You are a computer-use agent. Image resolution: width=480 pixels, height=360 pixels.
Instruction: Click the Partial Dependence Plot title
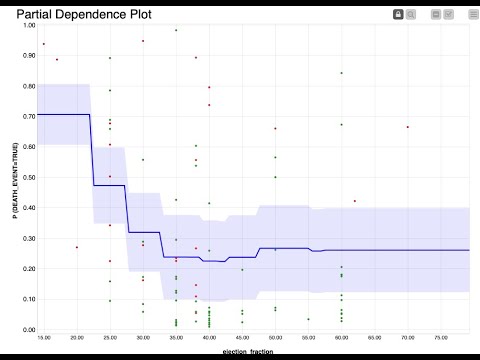click(75, 14)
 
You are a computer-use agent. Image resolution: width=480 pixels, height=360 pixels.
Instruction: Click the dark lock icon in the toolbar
click(398, 14)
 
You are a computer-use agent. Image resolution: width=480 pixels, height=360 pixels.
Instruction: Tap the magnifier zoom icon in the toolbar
click(411, 14)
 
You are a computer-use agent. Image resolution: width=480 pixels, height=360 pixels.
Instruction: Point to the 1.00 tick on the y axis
click(27, 26)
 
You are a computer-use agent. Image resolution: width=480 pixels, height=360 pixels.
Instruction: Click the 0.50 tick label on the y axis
click(27, 178)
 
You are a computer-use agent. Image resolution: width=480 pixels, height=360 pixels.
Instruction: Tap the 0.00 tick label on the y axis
click(27, 330)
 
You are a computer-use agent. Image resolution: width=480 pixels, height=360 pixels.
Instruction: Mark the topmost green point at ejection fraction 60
click(341, 73)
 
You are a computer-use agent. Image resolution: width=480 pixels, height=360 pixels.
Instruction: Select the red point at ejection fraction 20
click(77, 247)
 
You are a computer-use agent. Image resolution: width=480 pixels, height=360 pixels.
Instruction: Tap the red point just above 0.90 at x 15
click(44, 44)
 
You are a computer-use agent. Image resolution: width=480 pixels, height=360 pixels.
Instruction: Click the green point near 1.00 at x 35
click(176, 30)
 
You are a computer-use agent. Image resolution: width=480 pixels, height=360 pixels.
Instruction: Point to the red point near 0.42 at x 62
click(354, 201)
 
